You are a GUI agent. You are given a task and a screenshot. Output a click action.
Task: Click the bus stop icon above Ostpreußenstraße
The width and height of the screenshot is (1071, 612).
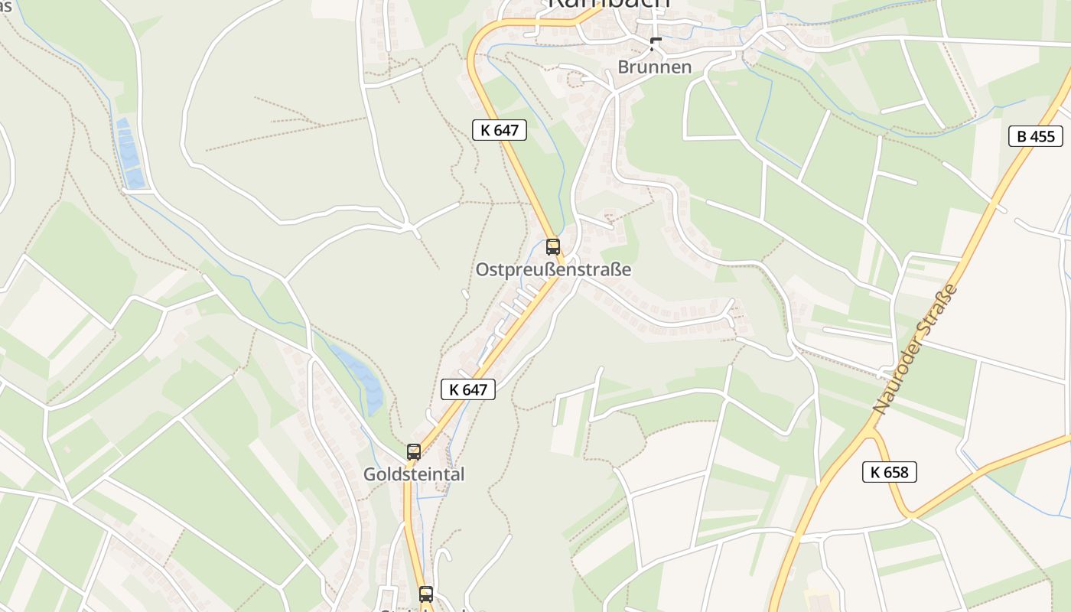click(552, 246)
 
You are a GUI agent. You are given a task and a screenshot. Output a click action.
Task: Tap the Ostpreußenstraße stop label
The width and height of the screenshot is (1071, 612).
click(553, 270)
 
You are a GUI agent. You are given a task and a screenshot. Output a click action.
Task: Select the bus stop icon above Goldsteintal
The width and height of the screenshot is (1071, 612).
click(414, 451)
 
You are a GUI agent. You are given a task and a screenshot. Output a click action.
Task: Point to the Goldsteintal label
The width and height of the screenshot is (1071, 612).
click(414, 474)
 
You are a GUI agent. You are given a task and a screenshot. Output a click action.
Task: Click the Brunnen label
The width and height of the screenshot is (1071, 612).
click(654, 67)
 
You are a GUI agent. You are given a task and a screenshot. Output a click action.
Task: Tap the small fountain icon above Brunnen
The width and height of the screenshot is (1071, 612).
click(655, 44)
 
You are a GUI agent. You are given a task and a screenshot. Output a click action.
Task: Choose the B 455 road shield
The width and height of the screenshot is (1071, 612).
click(1036, 137)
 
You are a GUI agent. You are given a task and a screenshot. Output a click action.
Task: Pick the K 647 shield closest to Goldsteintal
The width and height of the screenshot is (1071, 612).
click(468, 389)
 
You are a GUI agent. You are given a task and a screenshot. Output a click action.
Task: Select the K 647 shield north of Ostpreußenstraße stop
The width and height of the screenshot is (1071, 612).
click(500, 130)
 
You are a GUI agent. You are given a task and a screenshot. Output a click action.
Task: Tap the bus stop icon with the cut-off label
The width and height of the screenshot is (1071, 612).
click(425, 594)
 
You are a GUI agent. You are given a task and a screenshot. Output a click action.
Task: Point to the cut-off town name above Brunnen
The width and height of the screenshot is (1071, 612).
click(609, 5)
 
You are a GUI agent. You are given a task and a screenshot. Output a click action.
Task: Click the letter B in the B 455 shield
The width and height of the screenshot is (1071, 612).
click(1021, 137)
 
